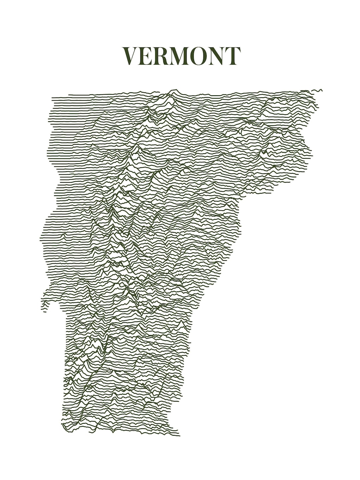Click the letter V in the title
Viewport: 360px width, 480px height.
point(131,56)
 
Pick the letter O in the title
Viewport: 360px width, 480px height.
point(202,56)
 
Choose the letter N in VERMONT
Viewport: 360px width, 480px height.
point(218,56)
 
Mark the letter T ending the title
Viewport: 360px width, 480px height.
point(233,56)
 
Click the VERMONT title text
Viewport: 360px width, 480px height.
point(182,56)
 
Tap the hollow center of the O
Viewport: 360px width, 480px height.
point(202,56)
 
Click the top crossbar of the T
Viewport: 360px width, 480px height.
point(233,49)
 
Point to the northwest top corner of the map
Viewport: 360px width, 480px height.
point(53,98)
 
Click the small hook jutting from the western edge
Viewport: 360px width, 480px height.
point(44,308)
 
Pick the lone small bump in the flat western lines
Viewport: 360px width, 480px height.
point(62,235)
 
